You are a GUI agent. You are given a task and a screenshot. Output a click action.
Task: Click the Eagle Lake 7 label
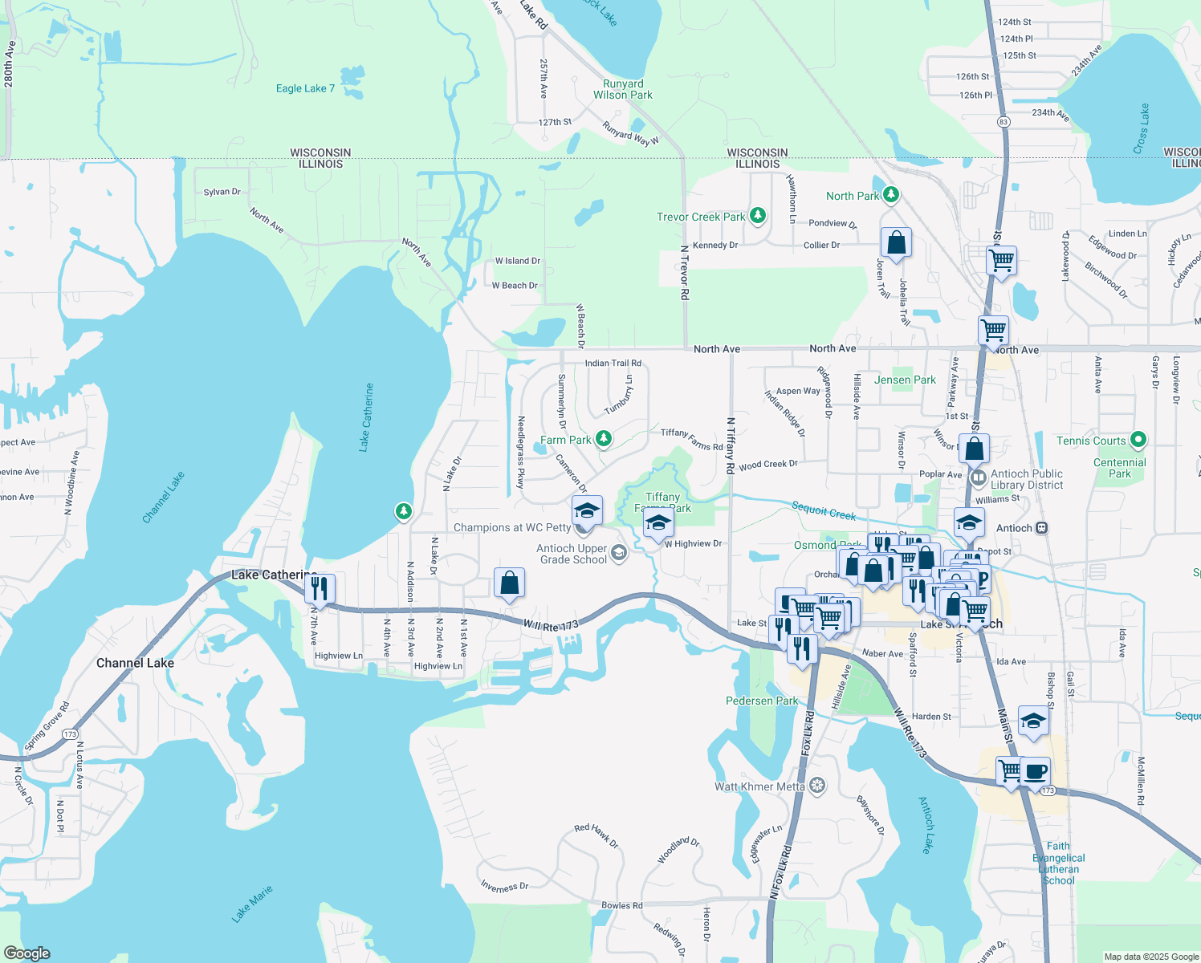coord(305,88)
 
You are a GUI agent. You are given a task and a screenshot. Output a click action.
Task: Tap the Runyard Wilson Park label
coord(623,89)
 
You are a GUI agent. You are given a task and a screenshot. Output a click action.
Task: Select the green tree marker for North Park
coord(890,195)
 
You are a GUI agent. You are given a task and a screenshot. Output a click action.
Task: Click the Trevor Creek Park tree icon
coord(757,216)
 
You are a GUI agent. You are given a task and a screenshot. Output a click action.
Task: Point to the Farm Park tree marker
coord(604,439)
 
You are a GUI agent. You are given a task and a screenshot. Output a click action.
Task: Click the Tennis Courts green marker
coord(1138,440)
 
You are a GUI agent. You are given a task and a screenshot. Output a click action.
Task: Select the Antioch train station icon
coord(1042,528)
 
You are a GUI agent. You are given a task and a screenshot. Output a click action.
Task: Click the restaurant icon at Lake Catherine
coord(320,588)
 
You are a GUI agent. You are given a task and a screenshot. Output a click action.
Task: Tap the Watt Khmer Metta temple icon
coord(817,786)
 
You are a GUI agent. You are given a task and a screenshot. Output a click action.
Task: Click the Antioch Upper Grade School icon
coord(619,553)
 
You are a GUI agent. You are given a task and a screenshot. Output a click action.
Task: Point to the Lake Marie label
coord(252,904)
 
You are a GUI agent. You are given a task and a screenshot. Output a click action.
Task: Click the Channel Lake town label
coord(135,663)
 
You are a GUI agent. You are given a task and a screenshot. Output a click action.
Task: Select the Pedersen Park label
coord(762,701)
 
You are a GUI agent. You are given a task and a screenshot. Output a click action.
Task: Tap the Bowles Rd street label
coord(622,905)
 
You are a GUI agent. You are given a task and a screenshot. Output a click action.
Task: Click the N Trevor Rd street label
coord(685,273)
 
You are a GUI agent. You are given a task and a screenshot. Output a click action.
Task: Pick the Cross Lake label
coord(1142,128)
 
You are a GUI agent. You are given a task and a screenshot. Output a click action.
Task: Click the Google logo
coord(27,953)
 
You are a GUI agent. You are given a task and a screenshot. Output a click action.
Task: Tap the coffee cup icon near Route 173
coord(1035,771)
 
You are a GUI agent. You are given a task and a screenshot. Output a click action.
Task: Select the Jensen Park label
coord(905,380)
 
